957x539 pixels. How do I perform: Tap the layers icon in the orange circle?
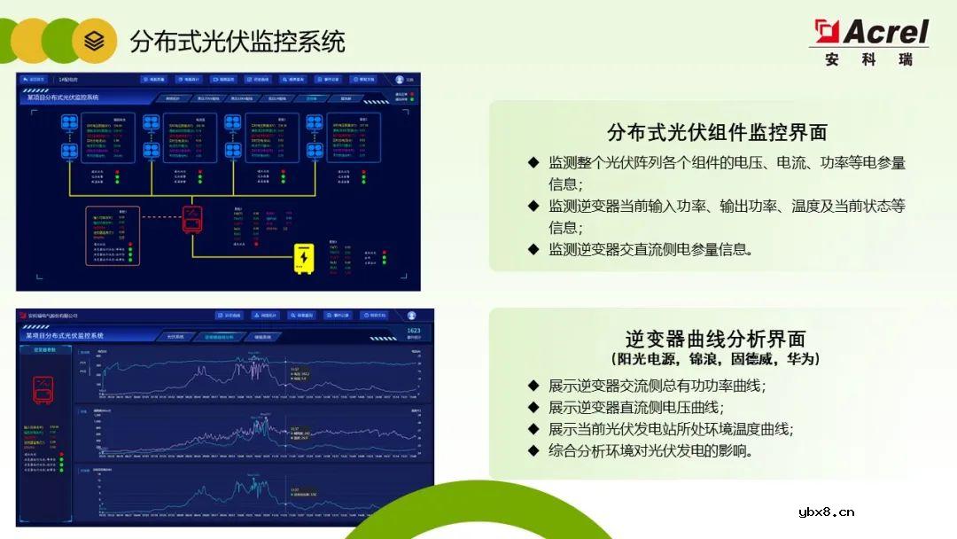pos(94,40)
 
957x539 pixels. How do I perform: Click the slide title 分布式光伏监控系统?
pos(237,41)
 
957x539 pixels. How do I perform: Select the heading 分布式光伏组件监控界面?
pos(717,133)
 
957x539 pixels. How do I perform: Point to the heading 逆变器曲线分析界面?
pos(716,339)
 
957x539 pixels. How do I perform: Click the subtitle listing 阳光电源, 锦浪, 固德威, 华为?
pos(716,359)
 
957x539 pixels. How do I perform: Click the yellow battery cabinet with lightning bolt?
pos(304,257)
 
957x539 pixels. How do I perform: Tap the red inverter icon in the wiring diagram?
pos(192,217)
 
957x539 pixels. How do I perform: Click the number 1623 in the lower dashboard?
pos(413,331)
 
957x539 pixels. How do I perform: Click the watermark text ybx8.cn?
pos(826,512)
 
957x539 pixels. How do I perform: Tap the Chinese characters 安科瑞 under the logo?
pos(868,60)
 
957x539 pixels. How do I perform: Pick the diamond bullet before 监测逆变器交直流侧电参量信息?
pos(533,249)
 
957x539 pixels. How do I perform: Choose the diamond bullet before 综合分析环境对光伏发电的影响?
pos(533,450)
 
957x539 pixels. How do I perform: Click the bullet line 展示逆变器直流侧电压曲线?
pos(635,408)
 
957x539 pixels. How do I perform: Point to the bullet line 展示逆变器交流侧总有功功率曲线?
pos(657,386)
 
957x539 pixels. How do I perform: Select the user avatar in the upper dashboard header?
pos(400,80)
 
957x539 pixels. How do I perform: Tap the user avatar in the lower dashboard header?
pos(411,315)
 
